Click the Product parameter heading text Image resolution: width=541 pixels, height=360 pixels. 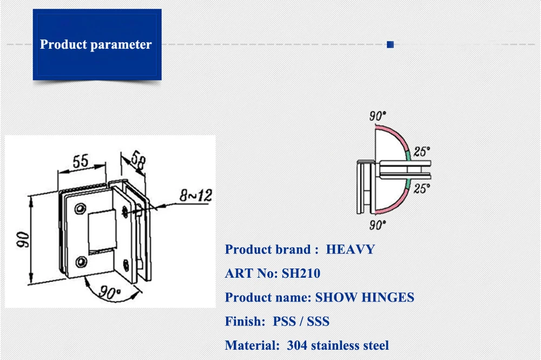click(x=96, y=44)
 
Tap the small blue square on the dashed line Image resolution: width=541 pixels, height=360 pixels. click(x=390, y=45)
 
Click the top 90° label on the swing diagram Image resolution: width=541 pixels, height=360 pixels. click(x=378, y=115)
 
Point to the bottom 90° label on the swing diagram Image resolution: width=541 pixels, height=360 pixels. click(x=378, y=224)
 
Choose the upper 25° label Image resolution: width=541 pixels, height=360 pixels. click(x=422, y=152)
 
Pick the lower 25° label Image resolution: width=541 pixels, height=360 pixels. click(x=422, y=188)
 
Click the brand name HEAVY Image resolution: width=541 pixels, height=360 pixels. click(x=350, y=250)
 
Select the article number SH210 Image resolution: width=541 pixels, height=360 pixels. click(x=301, y=273)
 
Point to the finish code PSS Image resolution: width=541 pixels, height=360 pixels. click(x=284, y=322)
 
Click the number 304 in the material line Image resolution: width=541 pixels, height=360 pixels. click(x=300, y=345)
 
